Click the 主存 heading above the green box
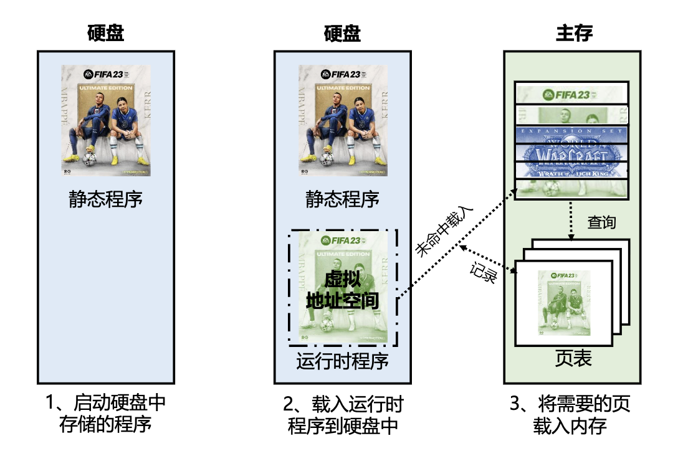pyautogui.click(x=573, y=33)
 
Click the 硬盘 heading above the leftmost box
pyautogui.click(x=105, y=33)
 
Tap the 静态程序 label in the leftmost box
pyautogui.click(x=105, y=200)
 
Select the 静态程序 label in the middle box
pyautogui.click(x=342, y=200)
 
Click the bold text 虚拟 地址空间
pyautogui.click(x=342, y=290)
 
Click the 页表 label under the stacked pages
pyautogui.click(x=573, y=359)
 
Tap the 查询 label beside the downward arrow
pyautogui.click(x=601, y=221)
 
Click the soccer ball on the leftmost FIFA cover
pyautogui.click(x=91, y=159)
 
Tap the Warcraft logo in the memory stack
pyautogui.click(x=572, y=154)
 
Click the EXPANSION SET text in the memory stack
pyautogui.click(x=572, y=131)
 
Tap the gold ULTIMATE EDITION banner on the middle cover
pyautogui.click(x=342, y=88)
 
